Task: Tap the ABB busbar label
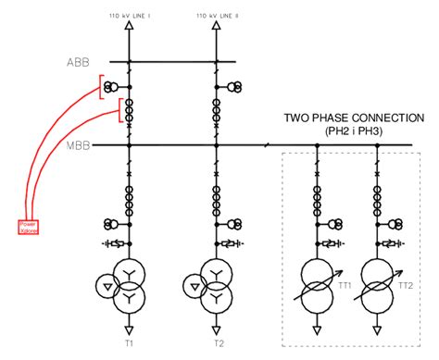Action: point(79,63)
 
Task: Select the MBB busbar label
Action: point(78,145)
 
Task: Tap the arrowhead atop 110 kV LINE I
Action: point(129,29)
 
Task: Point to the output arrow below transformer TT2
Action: point(379,328)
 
